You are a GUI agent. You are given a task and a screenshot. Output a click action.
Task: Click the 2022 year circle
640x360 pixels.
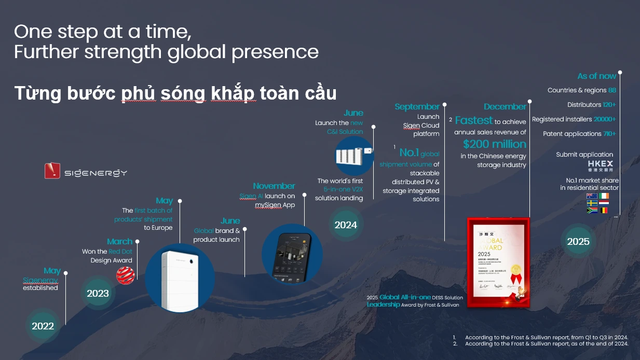[43, 326]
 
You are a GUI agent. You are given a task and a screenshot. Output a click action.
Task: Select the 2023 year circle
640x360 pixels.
[98, 293]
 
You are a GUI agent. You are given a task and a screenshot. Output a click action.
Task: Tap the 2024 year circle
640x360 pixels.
[346, 225]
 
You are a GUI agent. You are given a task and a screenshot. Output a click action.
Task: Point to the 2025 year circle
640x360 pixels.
[578, 241]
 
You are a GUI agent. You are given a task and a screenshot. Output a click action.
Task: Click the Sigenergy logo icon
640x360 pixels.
[52, 171]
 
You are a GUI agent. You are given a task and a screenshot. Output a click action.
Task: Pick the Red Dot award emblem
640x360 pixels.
[126, 275]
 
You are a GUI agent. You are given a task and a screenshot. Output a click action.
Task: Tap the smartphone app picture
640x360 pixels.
[292, 254]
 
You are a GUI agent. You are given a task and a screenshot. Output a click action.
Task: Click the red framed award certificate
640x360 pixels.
[498, 262]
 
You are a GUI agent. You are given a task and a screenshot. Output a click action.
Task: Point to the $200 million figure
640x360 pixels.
[495, 144]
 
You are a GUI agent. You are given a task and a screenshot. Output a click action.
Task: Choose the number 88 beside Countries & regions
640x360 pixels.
[612, 90]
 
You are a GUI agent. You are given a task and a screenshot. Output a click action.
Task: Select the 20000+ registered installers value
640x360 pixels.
[605, 119]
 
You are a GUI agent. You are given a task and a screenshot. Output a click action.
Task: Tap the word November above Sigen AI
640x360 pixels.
[274, 186]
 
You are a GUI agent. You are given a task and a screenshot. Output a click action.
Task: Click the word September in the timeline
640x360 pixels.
[417, 107]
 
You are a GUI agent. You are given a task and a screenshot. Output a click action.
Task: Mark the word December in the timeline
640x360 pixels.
[505, 107]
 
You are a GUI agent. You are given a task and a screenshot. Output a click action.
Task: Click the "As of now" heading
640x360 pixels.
[596, 76]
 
